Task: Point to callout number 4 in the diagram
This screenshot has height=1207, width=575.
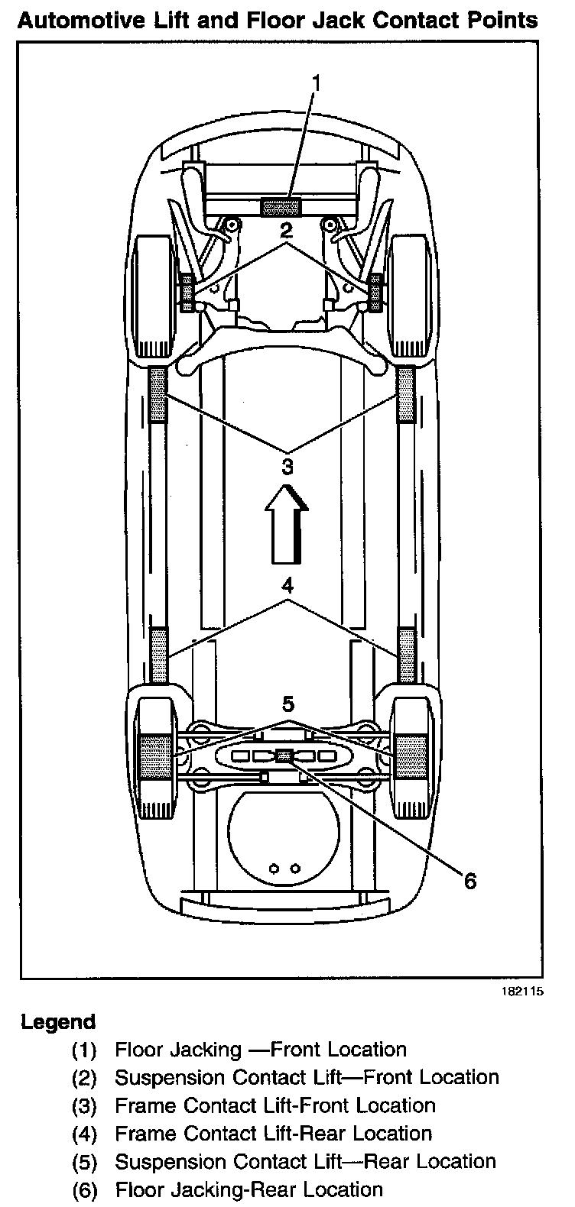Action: [x=287, y=586]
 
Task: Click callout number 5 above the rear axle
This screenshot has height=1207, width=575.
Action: [x=287, y=703]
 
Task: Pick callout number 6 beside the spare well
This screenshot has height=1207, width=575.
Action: [x=469, y=881]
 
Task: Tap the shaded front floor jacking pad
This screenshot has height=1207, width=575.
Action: [x=281, y=205]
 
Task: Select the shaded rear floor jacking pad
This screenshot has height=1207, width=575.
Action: [x=284, y=756]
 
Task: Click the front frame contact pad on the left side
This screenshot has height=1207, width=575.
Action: [x=158, y=393]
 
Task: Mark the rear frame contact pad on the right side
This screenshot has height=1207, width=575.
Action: [x=406, y=655]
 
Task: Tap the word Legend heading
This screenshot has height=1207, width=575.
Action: [x=58, y=1022]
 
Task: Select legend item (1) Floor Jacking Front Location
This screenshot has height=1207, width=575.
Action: [x=260, y=1050]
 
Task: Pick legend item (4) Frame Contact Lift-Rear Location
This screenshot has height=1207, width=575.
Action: [x=272, y=1134]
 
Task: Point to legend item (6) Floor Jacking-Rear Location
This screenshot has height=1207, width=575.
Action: [x=248, y=1189]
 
